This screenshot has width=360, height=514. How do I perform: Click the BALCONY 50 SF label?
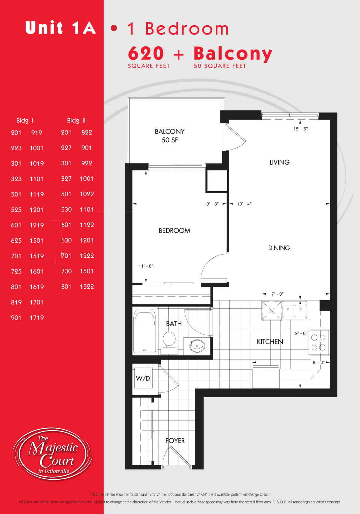coord(170,136)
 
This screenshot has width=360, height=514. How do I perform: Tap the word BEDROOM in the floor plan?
coord(175,231)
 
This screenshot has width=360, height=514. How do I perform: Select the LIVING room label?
coord(279,162)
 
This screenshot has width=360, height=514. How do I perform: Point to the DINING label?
coord(279,248)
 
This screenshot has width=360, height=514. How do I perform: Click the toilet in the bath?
coord(169,343)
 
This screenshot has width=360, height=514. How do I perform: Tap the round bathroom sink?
coord(197,345)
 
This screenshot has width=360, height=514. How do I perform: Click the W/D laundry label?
coord(143,378)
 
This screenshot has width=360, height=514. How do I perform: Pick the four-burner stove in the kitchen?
coord(319,342)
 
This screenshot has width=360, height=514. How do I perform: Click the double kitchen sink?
coord(294,310)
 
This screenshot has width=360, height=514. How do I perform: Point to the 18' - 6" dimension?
coord(300,129)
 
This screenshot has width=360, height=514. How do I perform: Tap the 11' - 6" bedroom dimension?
coord(146,266)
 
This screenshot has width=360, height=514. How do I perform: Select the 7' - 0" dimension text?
coord(278,294)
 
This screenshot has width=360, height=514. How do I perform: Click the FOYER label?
coord(175,440)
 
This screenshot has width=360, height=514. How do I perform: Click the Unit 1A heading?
coord(60,27)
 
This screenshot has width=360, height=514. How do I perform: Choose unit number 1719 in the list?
coord(37,317)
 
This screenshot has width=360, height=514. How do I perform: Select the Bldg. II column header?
coord(76,121)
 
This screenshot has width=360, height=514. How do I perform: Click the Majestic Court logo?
coord(53,454)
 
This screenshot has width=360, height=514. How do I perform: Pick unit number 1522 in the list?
coord(87,286)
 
